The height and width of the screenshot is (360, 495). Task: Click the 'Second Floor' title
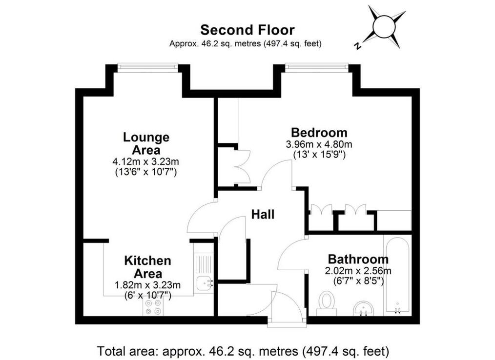click(x=247, y=30)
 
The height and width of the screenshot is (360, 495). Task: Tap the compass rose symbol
click(x=384, y=26)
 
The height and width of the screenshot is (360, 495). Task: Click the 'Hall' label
click(x=263, y=215)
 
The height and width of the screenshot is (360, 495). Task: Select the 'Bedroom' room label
click(x=319, y=132)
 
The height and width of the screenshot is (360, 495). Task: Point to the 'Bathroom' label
click(x=358, y=260)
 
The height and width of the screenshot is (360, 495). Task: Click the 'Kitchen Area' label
click(x=148, y=267)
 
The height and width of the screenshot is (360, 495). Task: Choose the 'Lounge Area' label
click(x=146, y=143)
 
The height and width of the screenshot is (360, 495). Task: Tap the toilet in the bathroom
click(x=327, y=303)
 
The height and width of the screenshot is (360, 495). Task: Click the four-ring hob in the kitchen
click(x=153, y=307)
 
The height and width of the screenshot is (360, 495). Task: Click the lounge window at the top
click(x=148, y=67)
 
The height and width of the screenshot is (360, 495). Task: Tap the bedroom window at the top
click(x=317, y=67)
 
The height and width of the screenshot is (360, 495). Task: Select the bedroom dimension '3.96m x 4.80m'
click(x=319, y=145)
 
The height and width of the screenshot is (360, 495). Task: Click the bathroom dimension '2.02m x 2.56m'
click(x=358, y=271)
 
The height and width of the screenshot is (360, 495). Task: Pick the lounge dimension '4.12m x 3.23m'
click(x=146, y=162)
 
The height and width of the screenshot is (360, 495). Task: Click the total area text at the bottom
click(x=243, y=351)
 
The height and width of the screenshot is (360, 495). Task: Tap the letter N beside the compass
click(x=357, y=46)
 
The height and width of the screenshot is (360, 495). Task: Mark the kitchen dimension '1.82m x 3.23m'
click(x=148, y=285)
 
